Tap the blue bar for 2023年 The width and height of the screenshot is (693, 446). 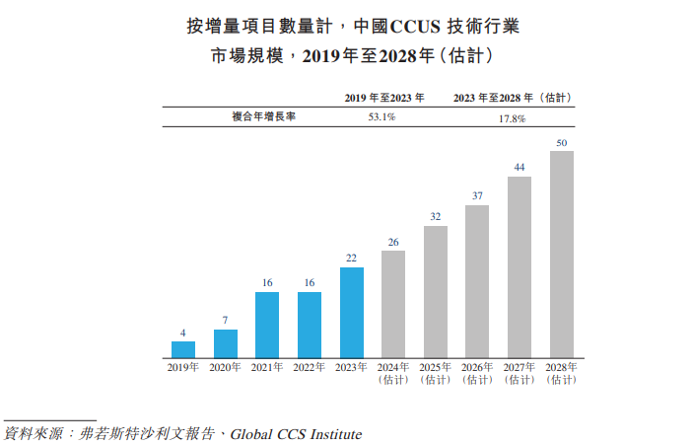352,312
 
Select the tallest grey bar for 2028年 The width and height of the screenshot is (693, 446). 562,254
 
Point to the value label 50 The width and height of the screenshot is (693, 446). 562,143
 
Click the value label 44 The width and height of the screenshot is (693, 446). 520,167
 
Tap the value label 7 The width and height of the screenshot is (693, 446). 226,321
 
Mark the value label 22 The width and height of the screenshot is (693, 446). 352,259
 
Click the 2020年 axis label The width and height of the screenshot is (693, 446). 226,367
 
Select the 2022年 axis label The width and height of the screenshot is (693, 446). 310,367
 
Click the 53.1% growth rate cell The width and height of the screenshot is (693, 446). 381,117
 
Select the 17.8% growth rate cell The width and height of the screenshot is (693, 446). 512,117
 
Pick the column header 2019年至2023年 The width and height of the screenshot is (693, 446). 382,97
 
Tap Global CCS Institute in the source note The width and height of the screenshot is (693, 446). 296,434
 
